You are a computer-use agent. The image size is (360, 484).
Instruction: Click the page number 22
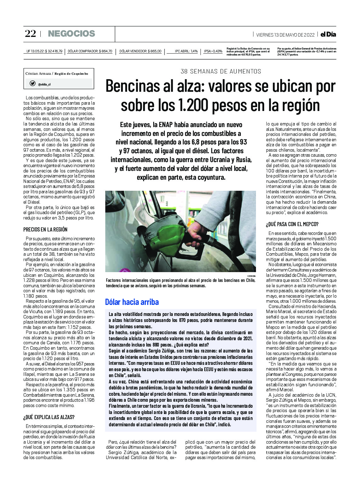30,34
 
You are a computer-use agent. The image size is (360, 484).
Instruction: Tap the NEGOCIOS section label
71,34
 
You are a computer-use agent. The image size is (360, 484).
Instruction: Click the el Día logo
328,34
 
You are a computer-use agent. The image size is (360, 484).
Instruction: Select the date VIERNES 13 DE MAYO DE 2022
285,35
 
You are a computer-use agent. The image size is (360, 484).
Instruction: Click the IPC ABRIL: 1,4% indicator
186,51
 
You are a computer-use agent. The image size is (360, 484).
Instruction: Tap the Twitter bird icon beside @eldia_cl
32,84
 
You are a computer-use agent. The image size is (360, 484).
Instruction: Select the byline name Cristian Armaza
38,73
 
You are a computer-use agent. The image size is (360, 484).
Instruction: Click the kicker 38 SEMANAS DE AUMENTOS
221,72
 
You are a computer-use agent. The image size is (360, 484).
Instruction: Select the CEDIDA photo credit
251,276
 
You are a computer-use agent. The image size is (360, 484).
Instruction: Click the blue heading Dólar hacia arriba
132,302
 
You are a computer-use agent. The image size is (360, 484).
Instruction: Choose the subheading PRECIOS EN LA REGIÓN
45,230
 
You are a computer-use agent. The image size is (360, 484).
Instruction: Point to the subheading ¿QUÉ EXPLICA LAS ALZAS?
49,417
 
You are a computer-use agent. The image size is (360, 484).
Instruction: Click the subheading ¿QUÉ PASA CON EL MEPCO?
292,224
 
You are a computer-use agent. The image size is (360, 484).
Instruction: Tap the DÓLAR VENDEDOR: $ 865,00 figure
140,51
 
